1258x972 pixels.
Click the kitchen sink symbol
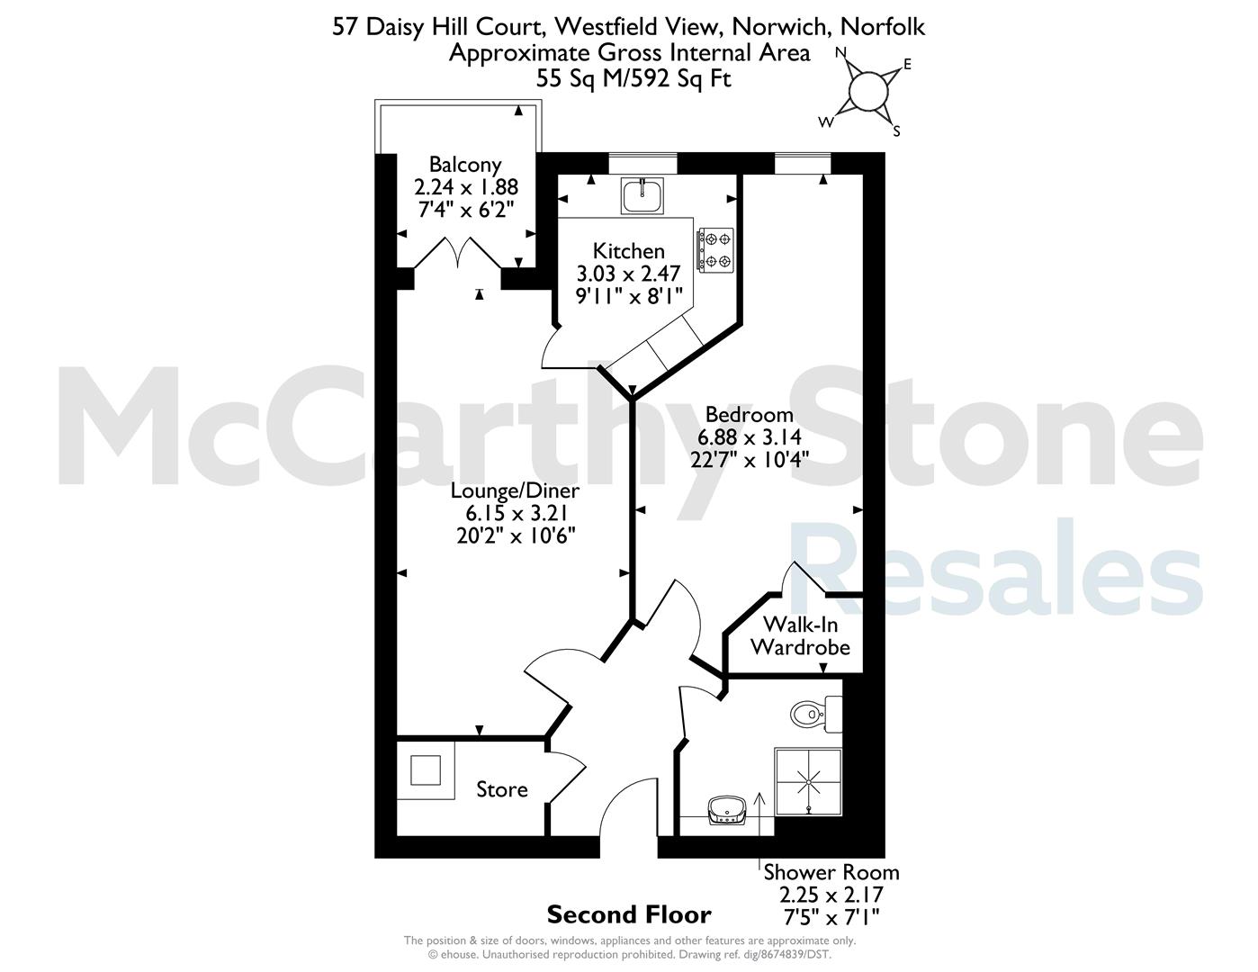pos(642,195)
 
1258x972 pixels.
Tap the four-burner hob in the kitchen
pos(715,249)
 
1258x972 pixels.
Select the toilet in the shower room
pos(815,714)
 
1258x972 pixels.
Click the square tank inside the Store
pos(426,770)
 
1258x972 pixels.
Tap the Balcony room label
pos(465,165)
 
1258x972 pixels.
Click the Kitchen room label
pos(629,251)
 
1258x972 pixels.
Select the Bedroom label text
pos(749,415)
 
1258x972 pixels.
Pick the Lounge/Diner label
pos(515,490)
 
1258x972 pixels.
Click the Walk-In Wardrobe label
pos(801,635)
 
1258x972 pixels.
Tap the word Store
pos(502,789)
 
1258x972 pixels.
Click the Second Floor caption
pos(629,914)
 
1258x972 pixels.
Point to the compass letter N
pos(840,53)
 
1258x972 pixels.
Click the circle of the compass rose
pos(867,90)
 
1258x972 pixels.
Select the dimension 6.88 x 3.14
pos(749,436)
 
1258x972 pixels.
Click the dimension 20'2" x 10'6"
pos(516,536)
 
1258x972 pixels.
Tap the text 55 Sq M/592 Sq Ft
pos(633,78)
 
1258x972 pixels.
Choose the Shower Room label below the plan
pos(831,872)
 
